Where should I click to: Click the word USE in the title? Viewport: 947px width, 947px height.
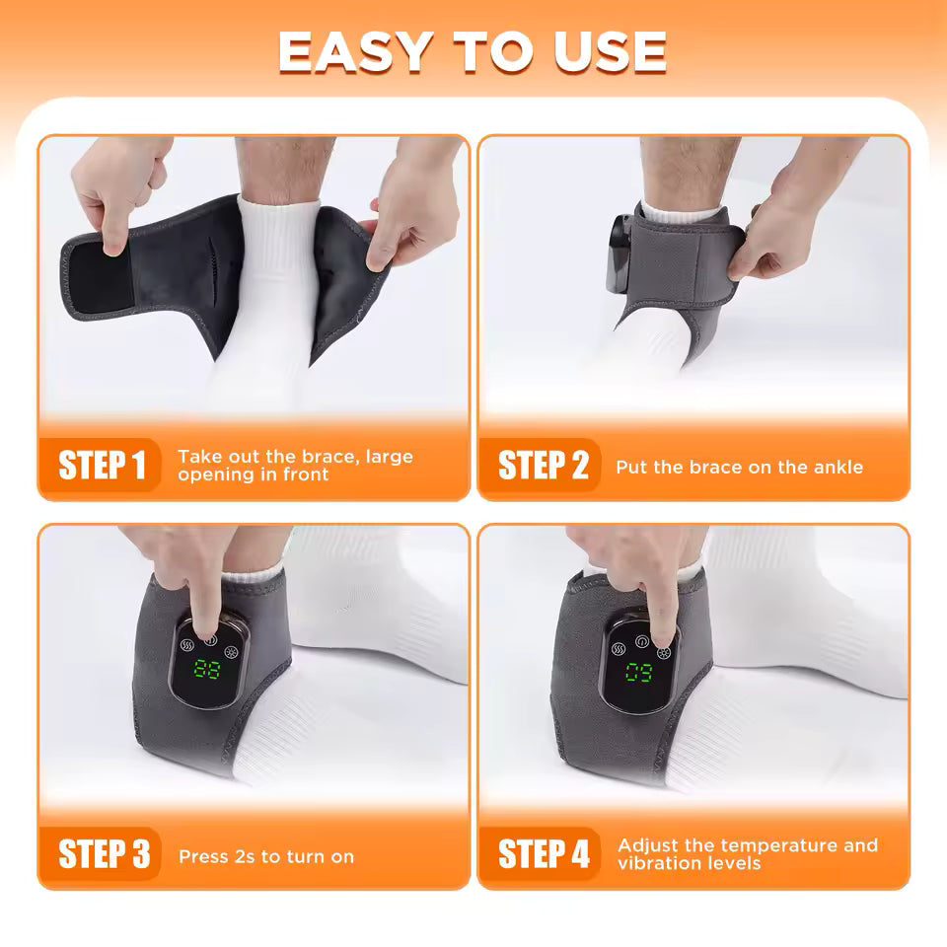pos(609,52)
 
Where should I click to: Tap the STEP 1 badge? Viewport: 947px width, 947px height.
pos(102,466)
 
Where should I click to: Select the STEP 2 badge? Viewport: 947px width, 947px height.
pos(543,466)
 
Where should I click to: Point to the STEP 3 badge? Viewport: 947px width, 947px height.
pos(103,854)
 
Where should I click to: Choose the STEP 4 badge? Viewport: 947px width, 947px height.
pos(543,854)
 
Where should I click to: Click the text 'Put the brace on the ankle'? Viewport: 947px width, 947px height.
pos(739,467)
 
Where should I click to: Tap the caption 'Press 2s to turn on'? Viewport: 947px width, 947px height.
pos(266,856)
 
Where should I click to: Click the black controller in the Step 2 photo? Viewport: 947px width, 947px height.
pos(621,252)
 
